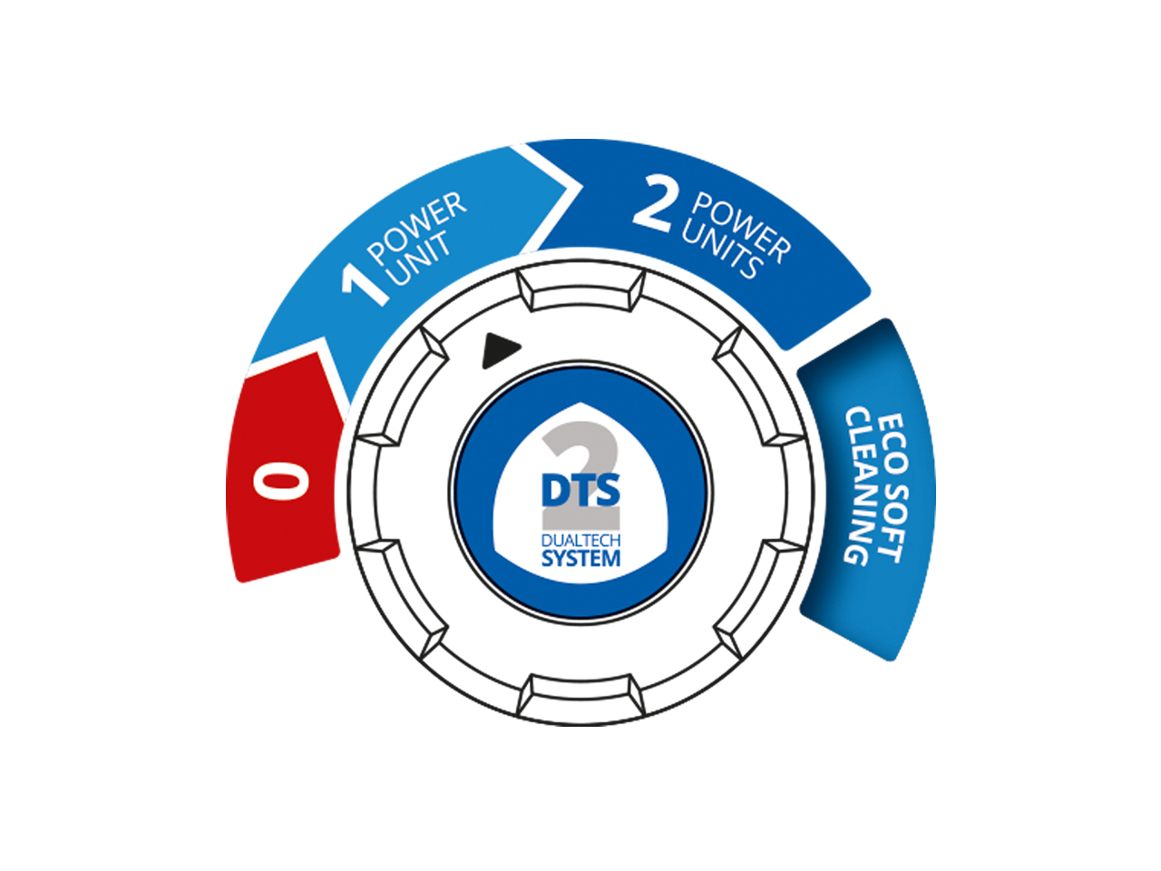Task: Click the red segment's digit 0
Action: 280,481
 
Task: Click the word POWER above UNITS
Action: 740,228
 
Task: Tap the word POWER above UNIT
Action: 416,228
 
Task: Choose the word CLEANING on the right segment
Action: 857,486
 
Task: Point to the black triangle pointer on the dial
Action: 500,349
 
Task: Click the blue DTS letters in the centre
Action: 580,490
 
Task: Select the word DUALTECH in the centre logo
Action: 580,541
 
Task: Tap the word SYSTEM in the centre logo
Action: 580,558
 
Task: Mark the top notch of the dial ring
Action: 580,288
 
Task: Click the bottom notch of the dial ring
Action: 580,699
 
